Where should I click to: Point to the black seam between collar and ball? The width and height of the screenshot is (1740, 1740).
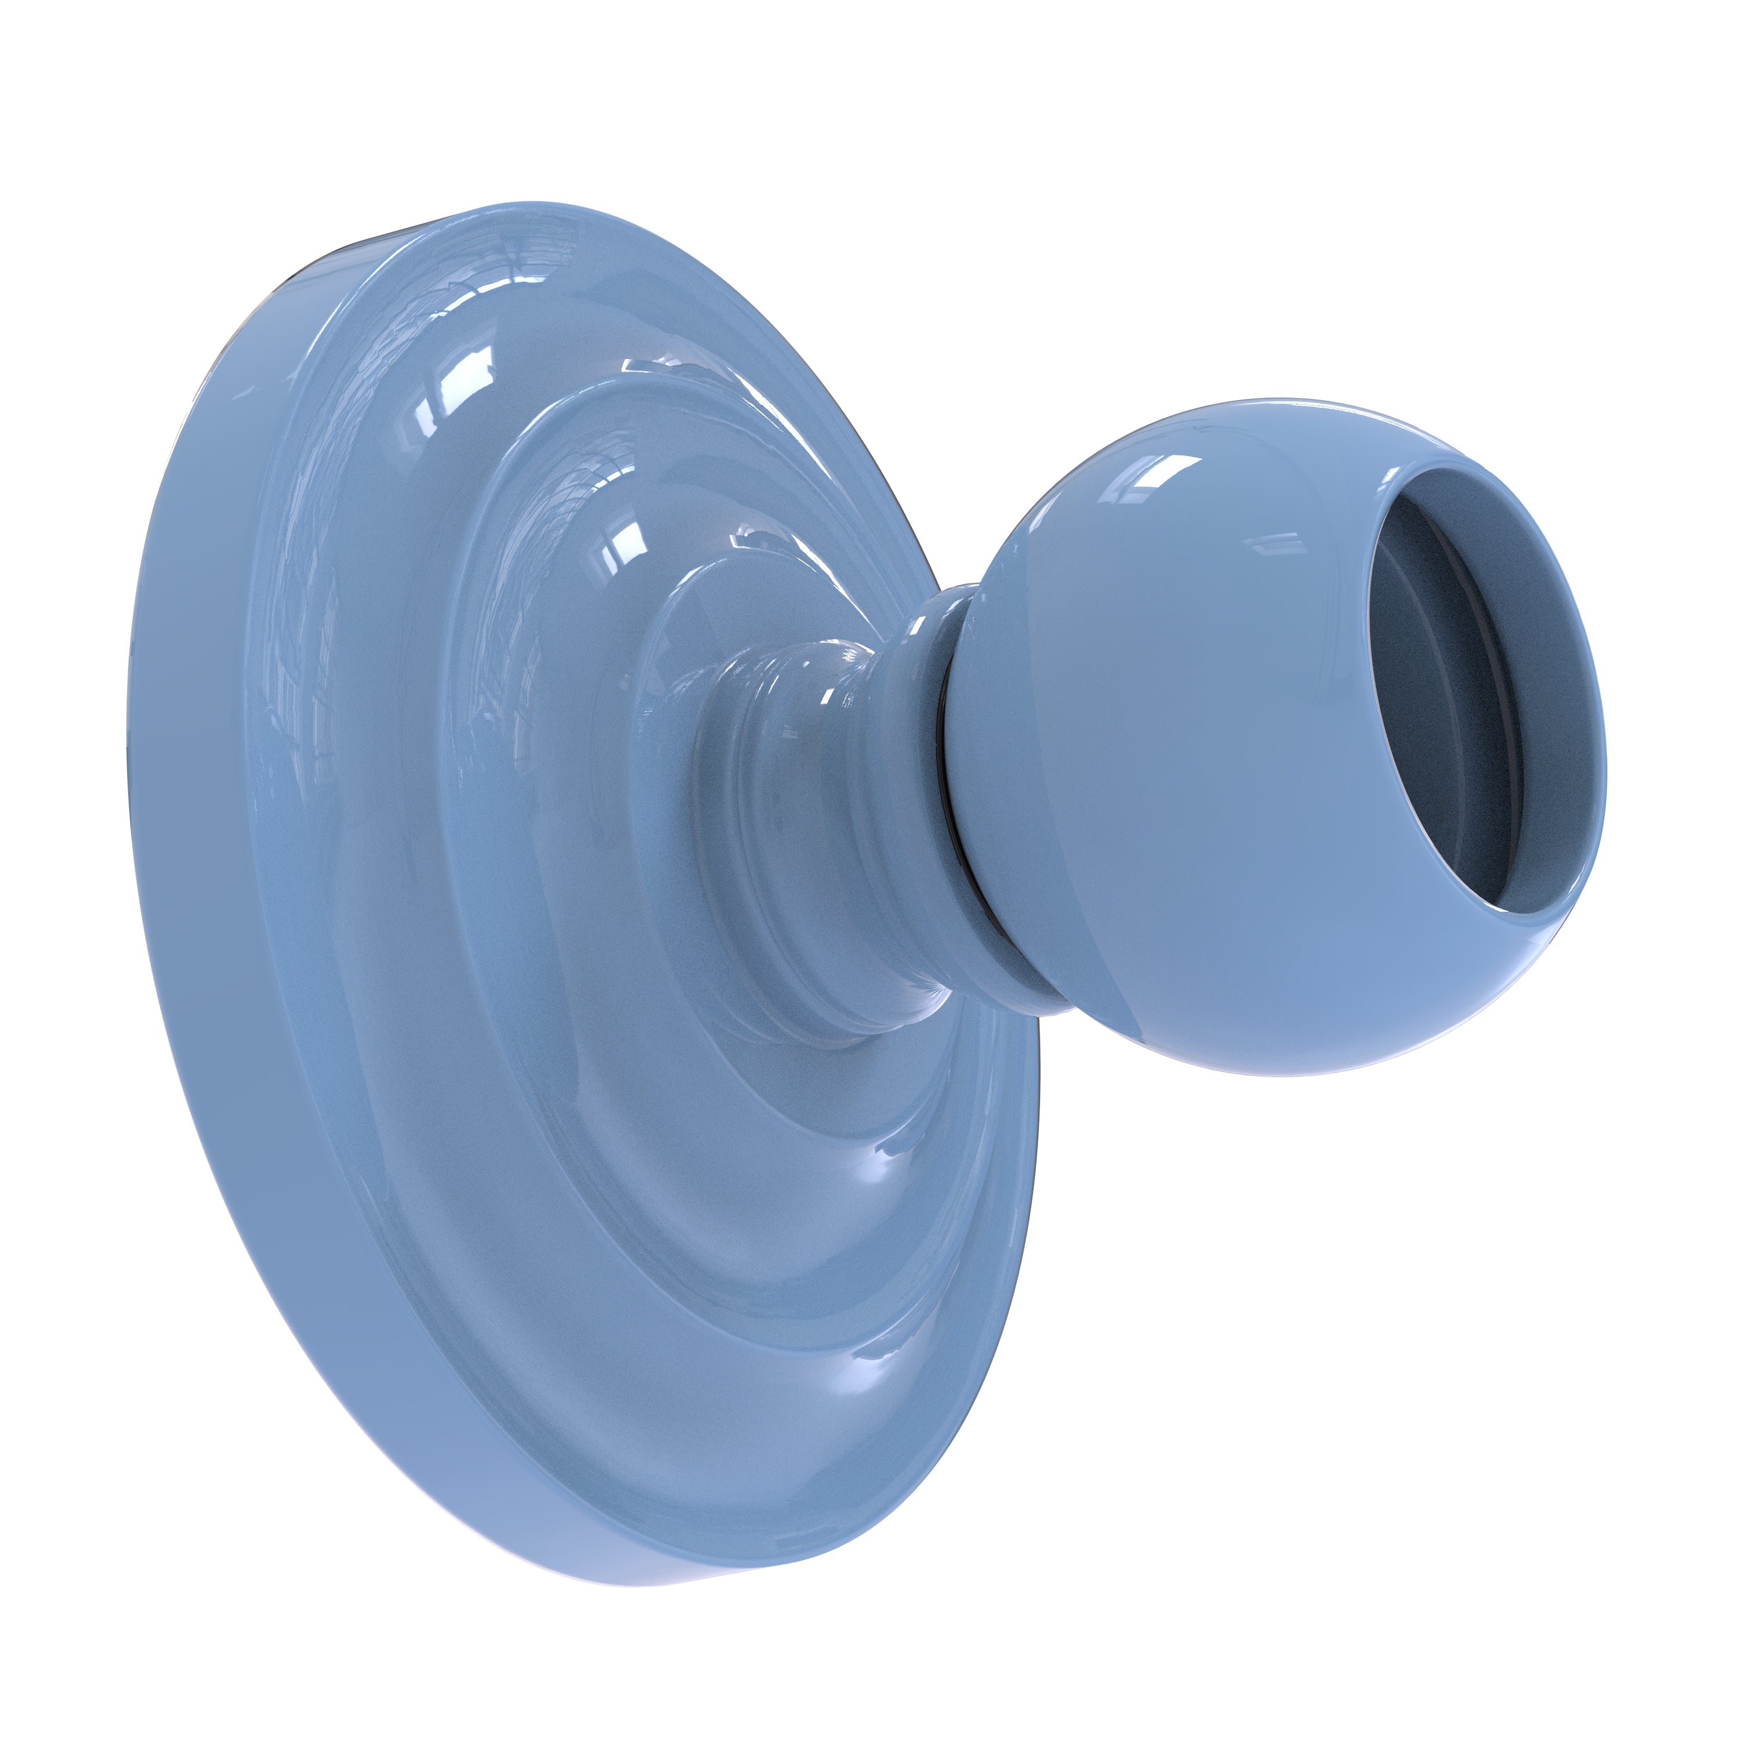coord(945,792)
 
